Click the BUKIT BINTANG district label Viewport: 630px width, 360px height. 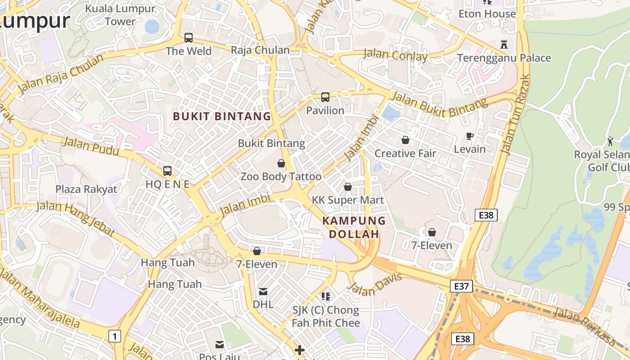(222, 117)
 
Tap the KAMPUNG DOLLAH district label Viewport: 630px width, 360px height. (354, 227)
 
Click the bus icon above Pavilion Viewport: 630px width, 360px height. (325, 97)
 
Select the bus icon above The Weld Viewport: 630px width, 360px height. (189, 38)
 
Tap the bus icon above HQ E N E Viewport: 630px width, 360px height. (167, 171)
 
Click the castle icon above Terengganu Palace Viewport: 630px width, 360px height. (504, 45)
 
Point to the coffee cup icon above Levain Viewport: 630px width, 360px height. (470, 136)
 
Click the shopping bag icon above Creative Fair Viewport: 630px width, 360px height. (405, 140)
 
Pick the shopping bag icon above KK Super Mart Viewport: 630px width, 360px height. (348, 187)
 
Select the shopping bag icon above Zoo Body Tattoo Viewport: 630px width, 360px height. (281, 163)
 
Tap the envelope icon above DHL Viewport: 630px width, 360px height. (263, 292)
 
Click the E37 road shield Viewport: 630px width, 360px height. (462, 286)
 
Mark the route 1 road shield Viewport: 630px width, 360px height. (115, 336)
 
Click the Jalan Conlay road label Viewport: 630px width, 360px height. (395, 55)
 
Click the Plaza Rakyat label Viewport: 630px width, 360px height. (86, 189)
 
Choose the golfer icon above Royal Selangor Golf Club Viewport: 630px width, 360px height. (610, 141)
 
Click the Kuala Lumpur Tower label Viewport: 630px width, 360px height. (120, 14)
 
